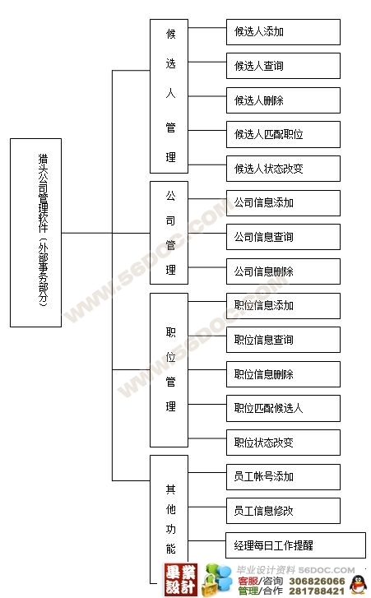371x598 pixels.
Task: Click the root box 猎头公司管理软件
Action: [x=35, y=233]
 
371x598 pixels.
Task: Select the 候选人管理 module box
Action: [x=169, y=96]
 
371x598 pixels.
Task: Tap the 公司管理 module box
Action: [x=169, y=233]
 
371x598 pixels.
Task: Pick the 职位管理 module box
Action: [x=169, y=370]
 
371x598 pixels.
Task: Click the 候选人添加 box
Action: [x=283, y=32]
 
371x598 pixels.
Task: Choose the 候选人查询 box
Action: [x=283, y=66]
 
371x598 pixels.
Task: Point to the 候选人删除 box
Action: [x=283, y=100]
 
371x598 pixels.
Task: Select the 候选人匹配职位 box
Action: [x=283, y=134]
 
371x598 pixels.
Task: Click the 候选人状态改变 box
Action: [x=283, y=169]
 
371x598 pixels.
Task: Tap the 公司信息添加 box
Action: [x=283, y=203]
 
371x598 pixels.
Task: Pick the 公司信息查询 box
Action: [x=283, y=237]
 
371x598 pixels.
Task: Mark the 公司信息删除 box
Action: [x=283, y=271]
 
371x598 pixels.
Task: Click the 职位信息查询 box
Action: [x=283, y=340]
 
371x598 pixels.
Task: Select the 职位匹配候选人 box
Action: [x=283, y=408]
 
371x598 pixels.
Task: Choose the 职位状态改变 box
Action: [x=283, y=443]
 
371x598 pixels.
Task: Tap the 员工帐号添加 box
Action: [x=283, y=477]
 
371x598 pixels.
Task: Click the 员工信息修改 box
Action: [x=283, y=511]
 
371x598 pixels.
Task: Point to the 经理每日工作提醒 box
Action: [x=295, y=545]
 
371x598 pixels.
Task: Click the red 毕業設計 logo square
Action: [x=181, y=580]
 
